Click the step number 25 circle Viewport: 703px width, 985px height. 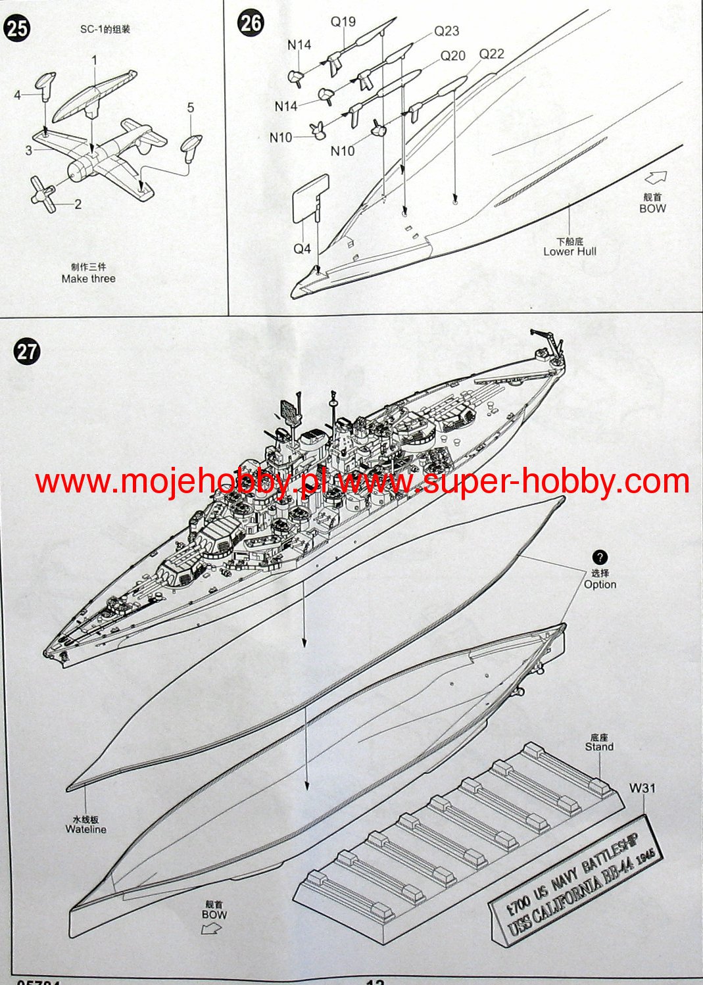click(x=17, y=30)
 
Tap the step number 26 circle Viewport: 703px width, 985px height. click(x=251, y=24)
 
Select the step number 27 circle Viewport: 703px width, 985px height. click(x=26, y=351)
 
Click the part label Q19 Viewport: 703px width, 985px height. click(x=343, y=22)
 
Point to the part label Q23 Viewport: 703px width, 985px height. click(x=447, y=31)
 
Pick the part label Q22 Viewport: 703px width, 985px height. click(x=491, y=54)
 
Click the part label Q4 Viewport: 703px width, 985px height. click(x=302, y=249)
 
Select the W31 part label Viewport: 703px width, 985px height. click(x=642, y=788)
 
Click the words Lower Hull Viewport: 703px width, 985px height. click(x=570, y=251)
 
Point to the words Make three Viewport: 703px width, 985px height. click(x=88, y=279)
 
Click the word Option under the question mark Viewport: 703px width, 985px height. click(x=600, y=585)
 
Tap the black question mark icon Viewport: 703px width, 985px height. click(x=600, y=558)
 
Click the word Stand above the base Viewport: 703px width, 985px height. click(x=599, y=747)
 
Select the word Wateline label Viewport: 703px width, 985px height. click(x=85, y=830)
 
